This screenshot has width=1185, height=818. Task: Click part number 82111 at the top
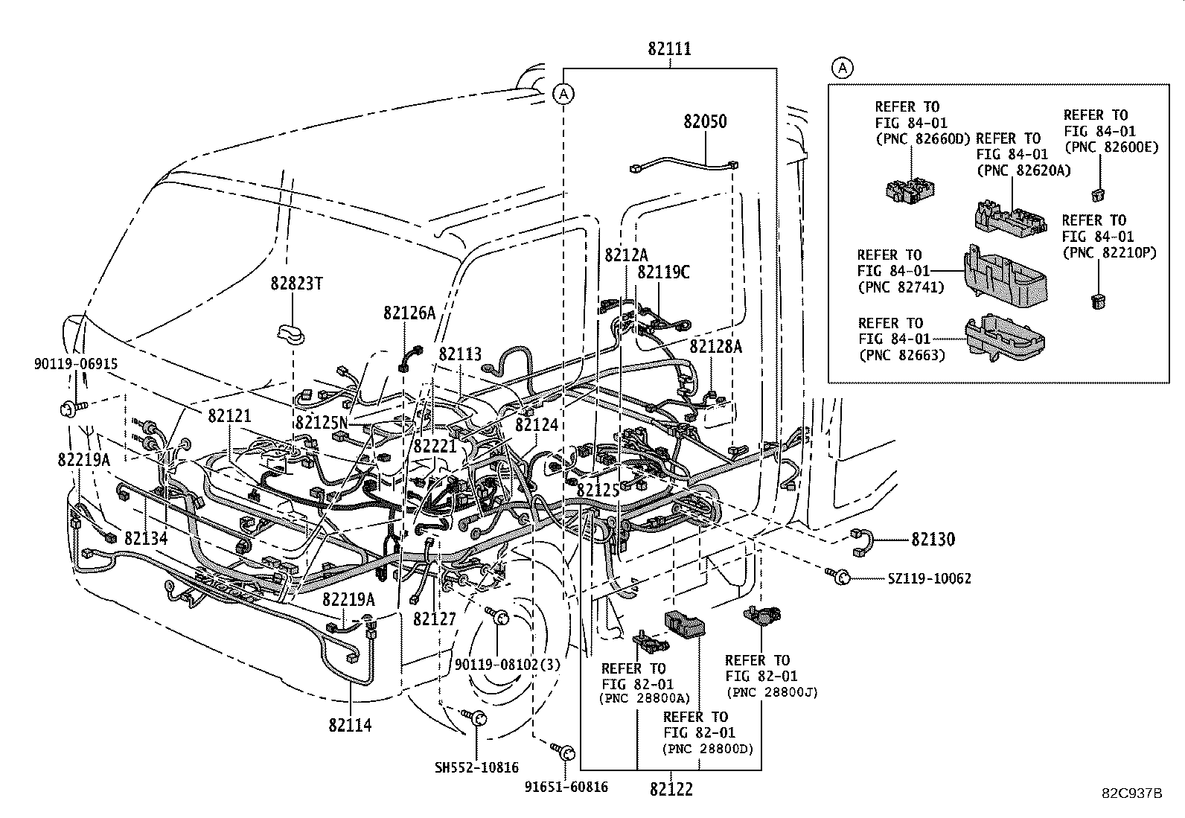(x=669, y=49)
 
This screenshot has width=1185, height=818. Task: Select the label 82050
(x=705, y=121)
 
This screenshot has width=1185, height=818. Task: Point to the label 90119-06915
(x=76, y=363)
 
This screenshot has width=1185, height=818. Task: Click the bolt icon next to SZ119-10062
(x=841, y=577)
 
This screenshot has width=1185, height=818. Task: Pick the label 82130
(x=930, y=539)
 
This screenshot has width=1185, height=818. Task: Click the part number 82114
(x=349, y=725)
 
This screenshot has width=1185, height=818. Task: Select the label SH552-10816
(x=476, y=767)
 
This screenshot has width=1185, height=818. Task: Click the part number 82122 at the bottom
(x=671, y=790)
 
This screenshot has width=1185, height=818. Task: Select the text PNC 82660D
(x=922, y=138)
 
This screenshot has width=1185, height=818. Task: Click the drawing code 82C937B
(x=1132, y=793)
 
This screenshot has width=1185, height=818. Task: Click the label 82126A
(x=409, y=313)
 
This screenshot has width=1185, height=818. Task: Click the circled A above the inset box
(x=842, y=68)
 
